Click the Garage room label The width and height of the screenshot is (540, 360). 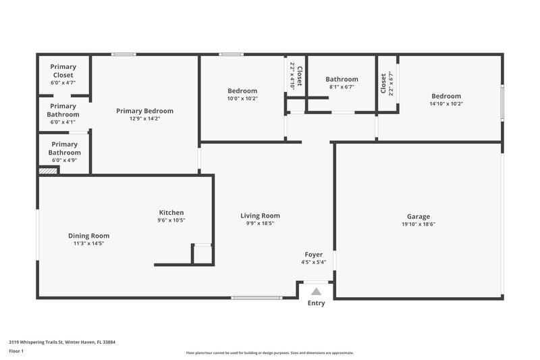[418, 217]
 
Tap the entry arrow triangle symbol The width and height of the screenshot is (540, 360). [316, 292]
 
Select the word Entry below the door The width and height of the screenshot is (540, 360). [316, 303]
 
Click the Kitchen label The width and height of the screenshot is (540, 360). [171, 212]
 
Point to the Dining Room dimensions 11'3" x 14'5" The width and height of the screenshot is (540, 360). [88, 243]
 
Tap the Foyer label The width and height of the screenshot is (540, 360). [313, 255]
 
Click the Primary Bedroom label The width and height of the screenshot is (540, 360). [144, 111]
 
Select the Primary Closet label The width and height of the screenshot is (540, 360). [63, 71]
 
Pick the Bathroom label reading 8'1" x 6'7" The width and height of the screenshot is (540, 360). [342, 79]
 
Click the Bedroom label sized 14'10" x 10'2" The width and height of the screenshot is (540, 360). [446, 96]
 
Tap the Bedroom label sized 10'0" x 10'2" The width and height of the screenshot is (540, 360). [242, 91]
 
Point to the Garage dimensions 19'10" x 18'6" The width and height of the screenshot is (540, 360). [418, 224]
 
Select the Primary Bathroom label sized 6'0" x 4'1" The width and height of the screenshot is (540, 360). [63, 110]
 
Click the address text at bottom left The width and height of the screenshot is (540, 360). [62, 342]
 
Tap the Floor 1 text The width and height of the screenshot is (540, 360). [16, 351]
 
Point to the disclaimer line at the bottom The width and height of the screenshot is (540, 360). [270, 353]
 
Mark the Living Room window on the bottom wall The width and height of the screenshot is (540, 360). [256, 297]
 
